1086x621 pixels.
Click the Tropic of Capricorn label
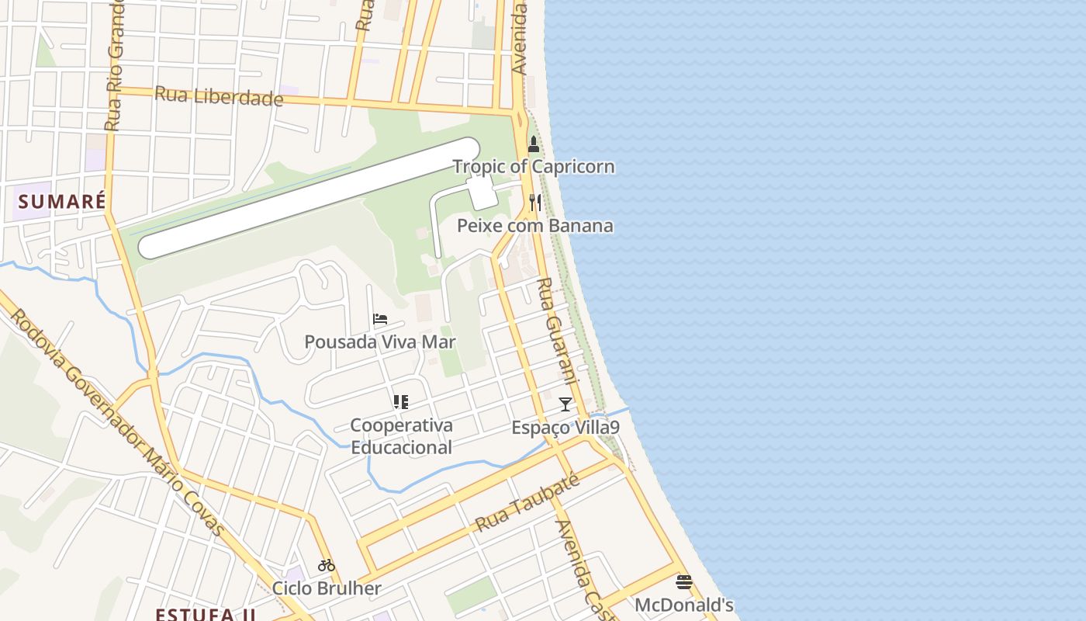pyautogui.click(x=534, y=167)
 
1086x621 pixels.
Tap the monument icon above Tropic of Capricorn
pyautogui.click(x=534, y=144)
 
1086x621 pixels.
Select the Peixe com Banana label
pyautogui.click(x=535, y=226)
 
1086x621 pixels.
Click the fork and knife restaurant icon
pyautogui.click(x=534, y=203)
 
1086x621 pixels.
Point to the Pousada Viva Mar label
pyautogui.click(x=380, y=342)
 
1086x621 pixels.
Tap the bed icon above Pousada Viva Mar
pyautogui.click(x=380, y=319)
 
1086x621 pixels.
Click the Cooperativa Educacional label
pyautogui.click(x=401, y=436)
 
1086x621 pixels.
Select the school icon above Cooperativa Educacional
pyautogui.click(x=401, y=402)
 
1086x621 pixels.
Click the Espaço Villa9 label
pyautogui.click(x=565, y=428)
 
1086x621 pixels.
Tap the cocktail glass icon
pyautogui.click(x=565, y=404)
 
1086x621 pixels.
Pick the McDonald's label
pyautogui.click(x=684, y=605)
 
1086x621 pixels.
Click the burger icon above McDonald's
pyautogui.click(x=684, y=582)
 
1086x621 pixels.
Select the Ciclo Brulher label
pyautogui.click(x=327, y=588)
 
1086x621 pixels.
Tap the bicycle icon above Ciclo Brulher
pyautogui.click(x=327, y=565)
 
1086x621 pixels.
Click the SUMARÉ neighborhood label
pyautogui.click(x=62, y=202)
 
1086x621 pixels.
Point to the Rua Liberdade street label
pyautogui.click(x=219, y=96)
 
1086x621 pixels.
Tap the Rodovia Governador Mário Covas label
pyautogui.click(x=116, y=423)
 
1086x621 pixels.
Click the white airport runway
pyautogui.click(x=309, y=198)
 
